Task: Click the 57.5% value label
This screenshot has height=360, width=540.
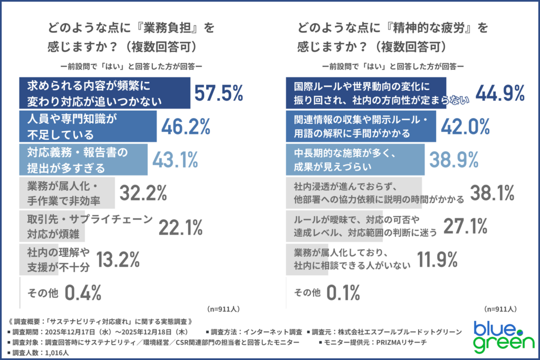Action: pyautogui.click(x=219, y=93)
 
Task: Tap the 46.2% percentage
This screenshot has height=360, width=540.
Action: pyautogui.click(x=186, y=127)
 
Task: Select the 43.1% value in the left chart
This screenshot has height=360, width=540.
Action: pyautogui.click(x=175, y=160)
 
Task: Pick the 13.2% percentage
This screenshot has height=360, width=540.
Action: pyautogui.click(x=117, y=259)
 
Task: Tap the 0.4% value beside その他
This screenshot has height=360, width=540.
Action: pyautogui.click(x=83, y=291)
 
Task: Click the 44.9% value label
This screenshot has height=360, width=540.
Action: pyautogui.click(x=500, y=93)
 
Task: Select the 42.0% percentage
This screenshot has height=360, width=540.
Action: pyautogui.click(x=466, y=127)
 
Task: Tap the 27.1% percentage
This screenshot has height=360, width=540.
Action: pyautogui.click(x=465, y=227)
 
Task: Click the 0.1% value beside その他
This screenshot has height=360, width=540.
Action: pyautogui.click(x=343, y=291)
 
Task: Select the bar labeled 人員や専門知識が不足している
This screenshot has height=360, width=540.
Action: pyautogui.click(x=88, y=127)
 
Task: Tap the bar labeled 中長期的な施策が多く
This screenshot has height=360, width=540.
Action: pyautogui.click(x=355, y=160)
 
